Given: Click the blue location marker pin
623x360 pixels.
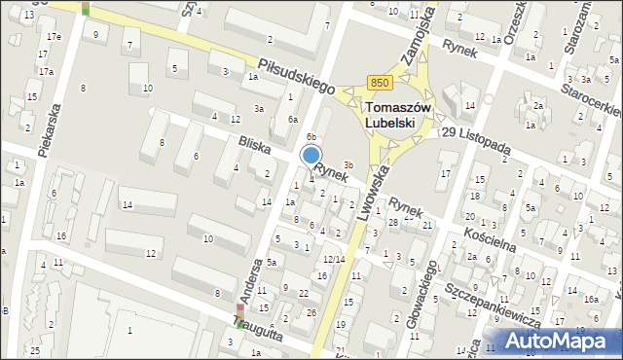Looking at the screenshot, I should [x=311, y=156].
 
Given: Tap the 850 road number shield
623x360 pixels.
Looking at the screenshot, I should [x=381, y=84].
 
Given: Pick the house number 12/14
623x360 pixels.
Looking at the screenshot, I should [x=333, y=259].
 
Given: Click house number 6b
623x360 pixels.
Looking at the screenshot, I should [x=311, y=136].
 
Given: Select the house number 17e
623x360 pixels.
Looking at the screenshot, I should [x=53, y=36].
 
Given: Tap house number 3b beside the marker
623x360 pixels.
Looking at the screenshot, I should [x=348, y=164].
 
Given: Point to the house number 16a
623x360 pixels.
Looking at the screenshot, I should [x=592, y=300].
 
